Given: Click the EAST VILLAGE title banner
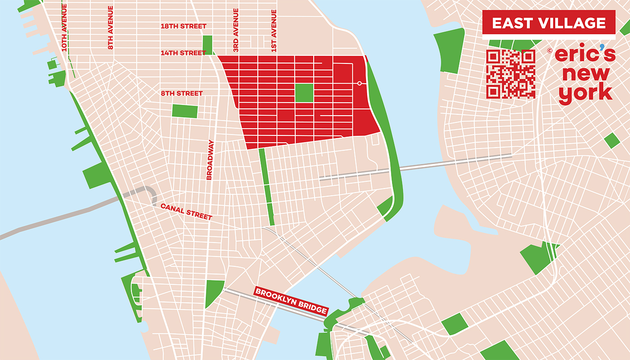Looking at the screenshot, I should point(549,23).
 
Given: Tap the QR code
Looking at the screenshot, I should point(511,74).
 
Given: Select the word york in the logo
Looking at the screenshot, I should point(585,93).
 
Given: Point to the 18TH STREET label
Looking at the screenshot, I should point(184,27).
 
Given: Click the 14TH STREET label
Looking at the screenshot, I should point(184,53).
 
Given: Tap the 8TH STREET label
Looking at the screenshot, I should point(182,94).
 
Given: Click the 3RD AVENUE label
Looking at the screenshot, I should point(236,29).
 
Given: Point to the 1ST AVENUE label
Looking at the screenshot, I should point(274,29).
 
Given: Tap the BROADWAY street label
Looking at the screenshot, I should point(209,160).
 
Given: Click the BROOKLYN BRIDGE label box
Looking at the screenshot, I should point(291,301).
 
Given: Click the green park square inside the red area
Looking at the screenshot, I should point(304,93).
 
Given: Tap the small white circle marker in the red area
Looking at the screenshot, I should point(359,83).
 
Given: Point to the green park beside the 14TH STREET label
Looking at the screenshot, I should point(207,45).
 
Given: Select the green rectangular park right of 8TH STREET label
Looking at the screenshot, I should point(185,111).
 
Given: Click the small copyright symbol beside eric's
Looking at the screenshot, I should point(549,51).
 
